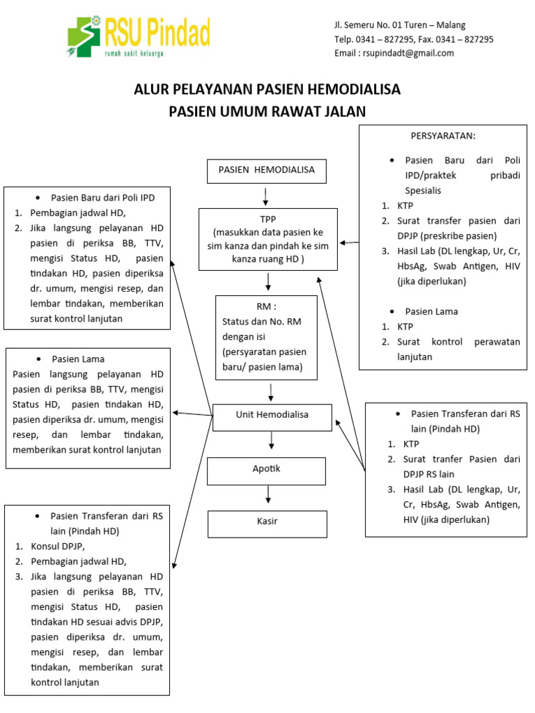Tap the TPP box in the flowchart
tap(268, 239)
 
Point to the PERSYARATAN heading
tap(443, 136)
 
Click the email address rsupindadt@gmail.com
tap(394, 53)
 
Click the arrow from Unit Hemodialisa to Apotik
tap(271, 441)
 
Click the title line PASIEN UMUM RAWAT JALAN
tap(267, 111)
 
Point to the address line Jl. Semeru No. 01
tap(400, 25)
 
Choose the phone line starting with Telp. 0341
tap(414, 39)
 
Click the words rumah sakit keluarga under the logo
tap(134, 53)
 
